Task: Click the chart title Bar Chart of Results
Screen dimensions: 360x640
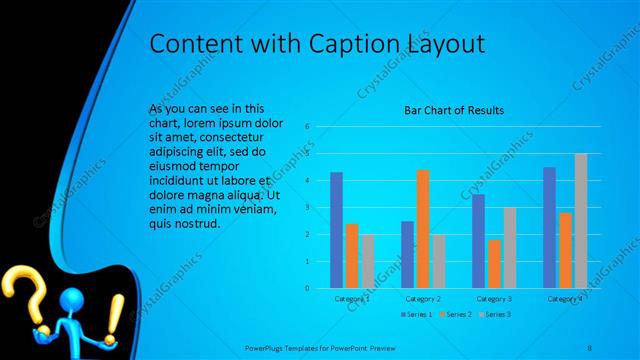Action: (453, 110)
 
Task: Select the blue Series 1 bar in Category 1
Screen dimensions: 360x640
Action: (337, 230)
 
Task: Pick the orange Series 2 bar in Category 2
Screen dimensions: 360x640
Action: (423, 229)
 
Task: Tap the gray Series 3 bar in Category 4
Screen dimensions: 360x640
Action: (581, 221)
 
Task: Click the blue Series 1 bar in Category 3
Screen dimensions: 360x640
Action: (479, 241)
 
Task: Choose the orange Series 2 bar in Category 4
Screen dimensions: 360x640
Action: (565, 250)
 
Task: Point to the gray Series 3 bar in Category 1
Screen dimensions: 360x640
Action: (367, 261)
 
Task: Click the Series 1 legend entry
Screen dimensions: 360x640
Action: (417, 315)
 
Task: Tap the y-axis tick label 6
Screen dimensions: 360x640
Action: (308, 126)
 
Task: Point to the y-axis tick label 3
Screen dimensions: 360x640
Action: (308, 207)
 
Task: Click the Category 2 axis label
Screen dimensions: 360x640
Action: (423, 299)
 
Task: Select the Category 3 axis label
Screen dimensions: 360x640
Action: (494, 299)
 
